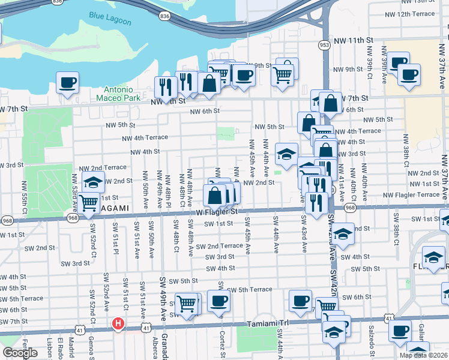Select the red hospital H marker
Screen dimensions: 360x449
click(118, 325)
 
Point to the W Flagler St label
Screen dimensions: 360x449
click(217, 212)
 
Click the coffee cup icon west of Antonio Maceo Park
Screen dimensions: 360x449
click(68, 82)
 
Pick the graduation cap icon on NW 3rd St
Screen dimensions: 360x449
click(286, 153)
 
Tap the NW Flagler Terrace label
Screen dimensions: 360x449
click(411, 194)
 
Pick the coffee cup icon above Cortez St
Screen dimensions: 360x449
click(218, 301)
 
